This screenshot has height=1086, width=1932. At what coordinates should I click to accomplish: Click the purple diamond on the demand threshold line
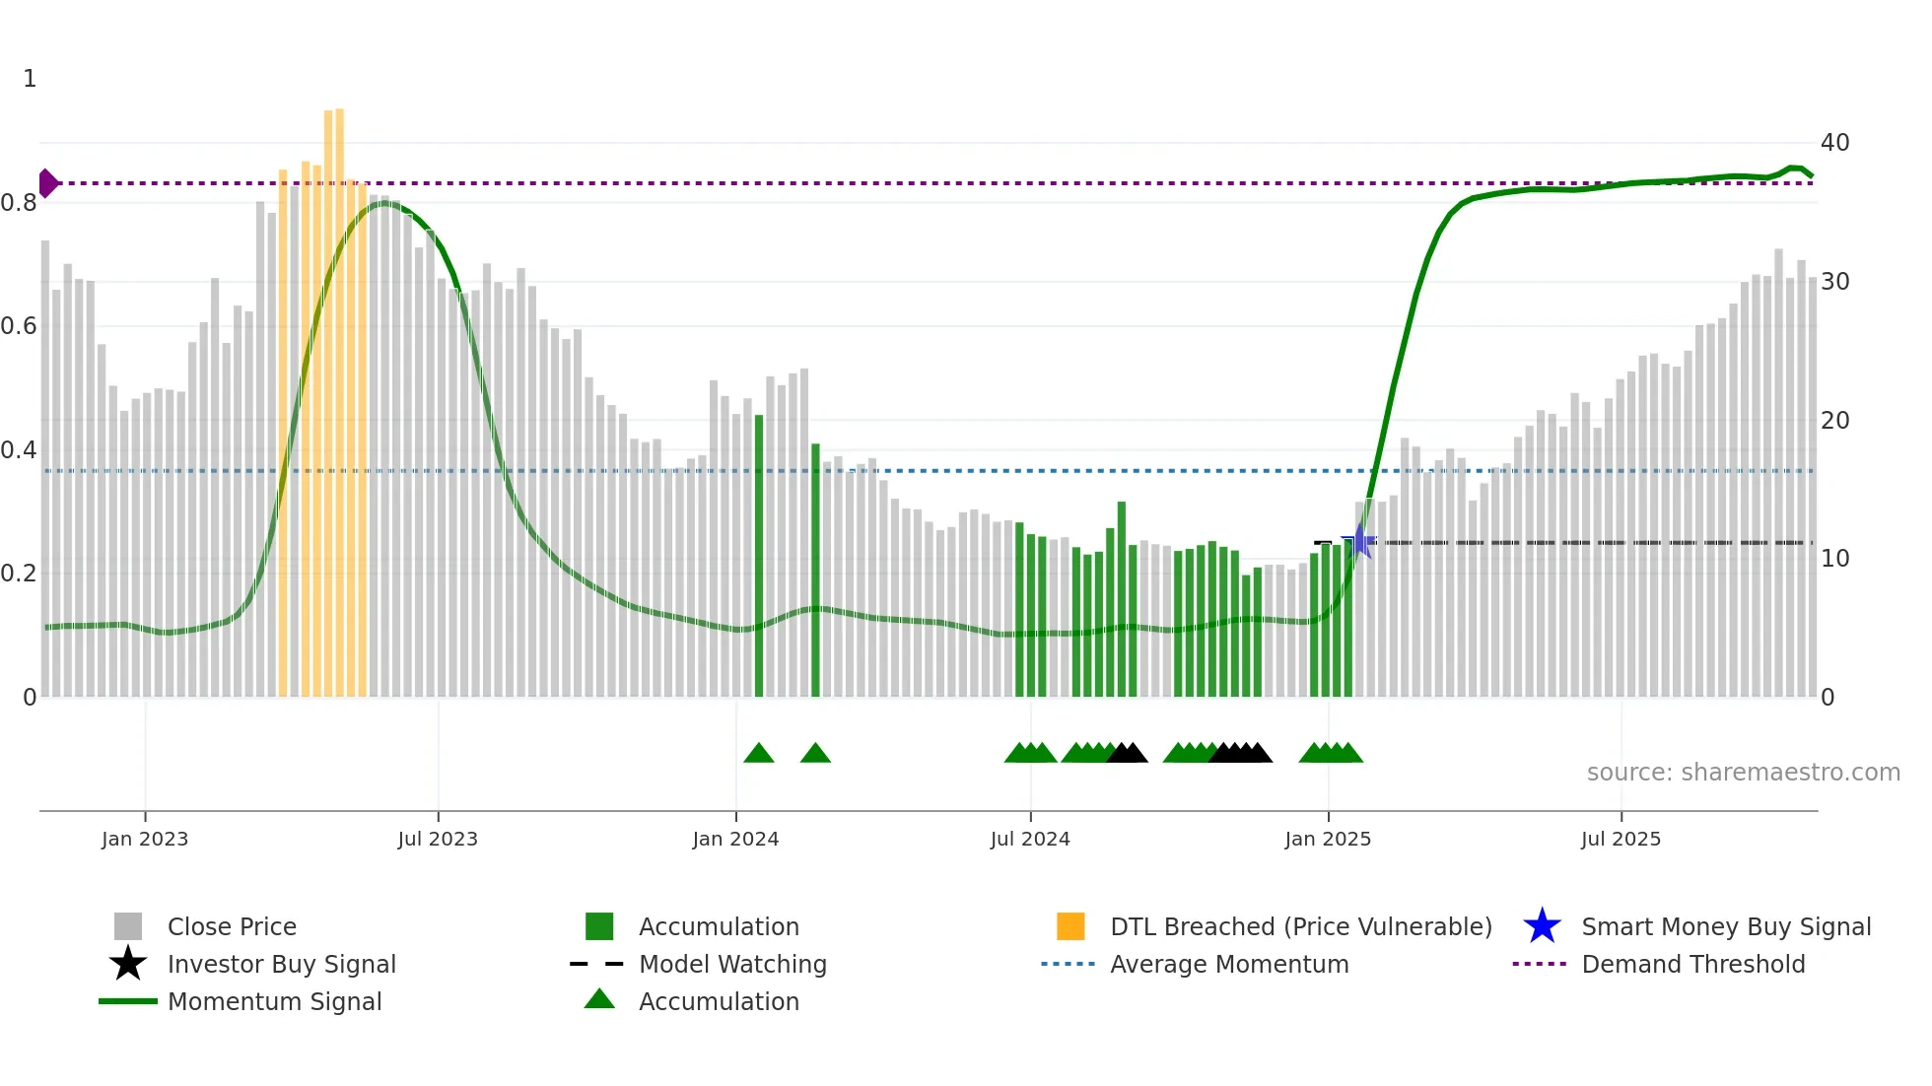(x=47, y=183)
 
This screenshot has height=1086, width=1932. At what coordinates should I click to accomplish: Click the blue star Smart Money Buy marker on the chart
(x=1359, y=541)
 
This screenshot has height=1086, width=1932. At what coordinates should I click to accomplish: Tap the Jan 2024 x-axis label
(x=735, y=840)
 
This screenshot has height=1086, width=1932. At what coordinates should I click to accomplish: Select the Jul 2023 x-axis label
(x=438, y=840)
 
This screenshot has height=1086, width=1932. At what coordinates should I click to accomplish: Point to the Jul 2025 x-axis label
(x=1621, y=840)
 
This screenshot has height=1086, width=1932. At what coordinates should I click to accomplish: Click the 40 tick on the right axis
(x=1834, y=143)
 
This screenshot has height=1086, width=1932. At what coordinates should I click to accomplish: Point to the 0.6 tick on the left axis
(x=19, y=326)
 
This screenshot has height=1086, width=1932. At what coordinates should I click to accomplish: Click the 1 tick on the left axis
(x=30, y=79)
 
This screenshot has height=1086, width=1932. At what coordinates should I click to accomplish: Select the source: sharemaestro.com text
(x=1743, y=773)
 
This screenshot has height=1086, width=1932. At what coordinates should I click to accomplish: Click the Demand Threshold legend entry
(x=1692, y=965)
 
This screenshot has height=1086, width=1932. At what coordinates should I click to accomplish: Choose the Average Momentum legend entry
(x=1228, y=965)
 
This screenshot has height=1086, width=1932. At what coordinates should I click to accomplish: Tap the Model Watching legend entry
(x=731, y=965)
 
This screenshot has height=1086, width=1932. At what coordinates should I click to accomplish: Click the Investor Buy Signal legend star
(x=128, y=964)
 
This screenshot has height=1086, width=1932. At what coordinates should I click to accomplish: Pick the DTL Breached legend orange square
(x=1070, y=926)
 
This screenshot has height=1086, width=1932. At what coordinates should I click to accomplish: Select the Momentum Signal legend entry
(x=274, y=1002)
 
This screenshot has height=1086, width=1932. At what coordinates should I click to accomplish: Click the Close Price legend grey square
(x=128, y=926)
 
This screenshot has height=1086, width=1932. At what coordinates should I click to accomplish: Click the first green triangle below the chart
(x=759, y=754)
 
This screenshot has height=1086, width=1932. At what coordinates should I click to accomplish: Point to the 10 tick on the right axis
(x=1834, y=559)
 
